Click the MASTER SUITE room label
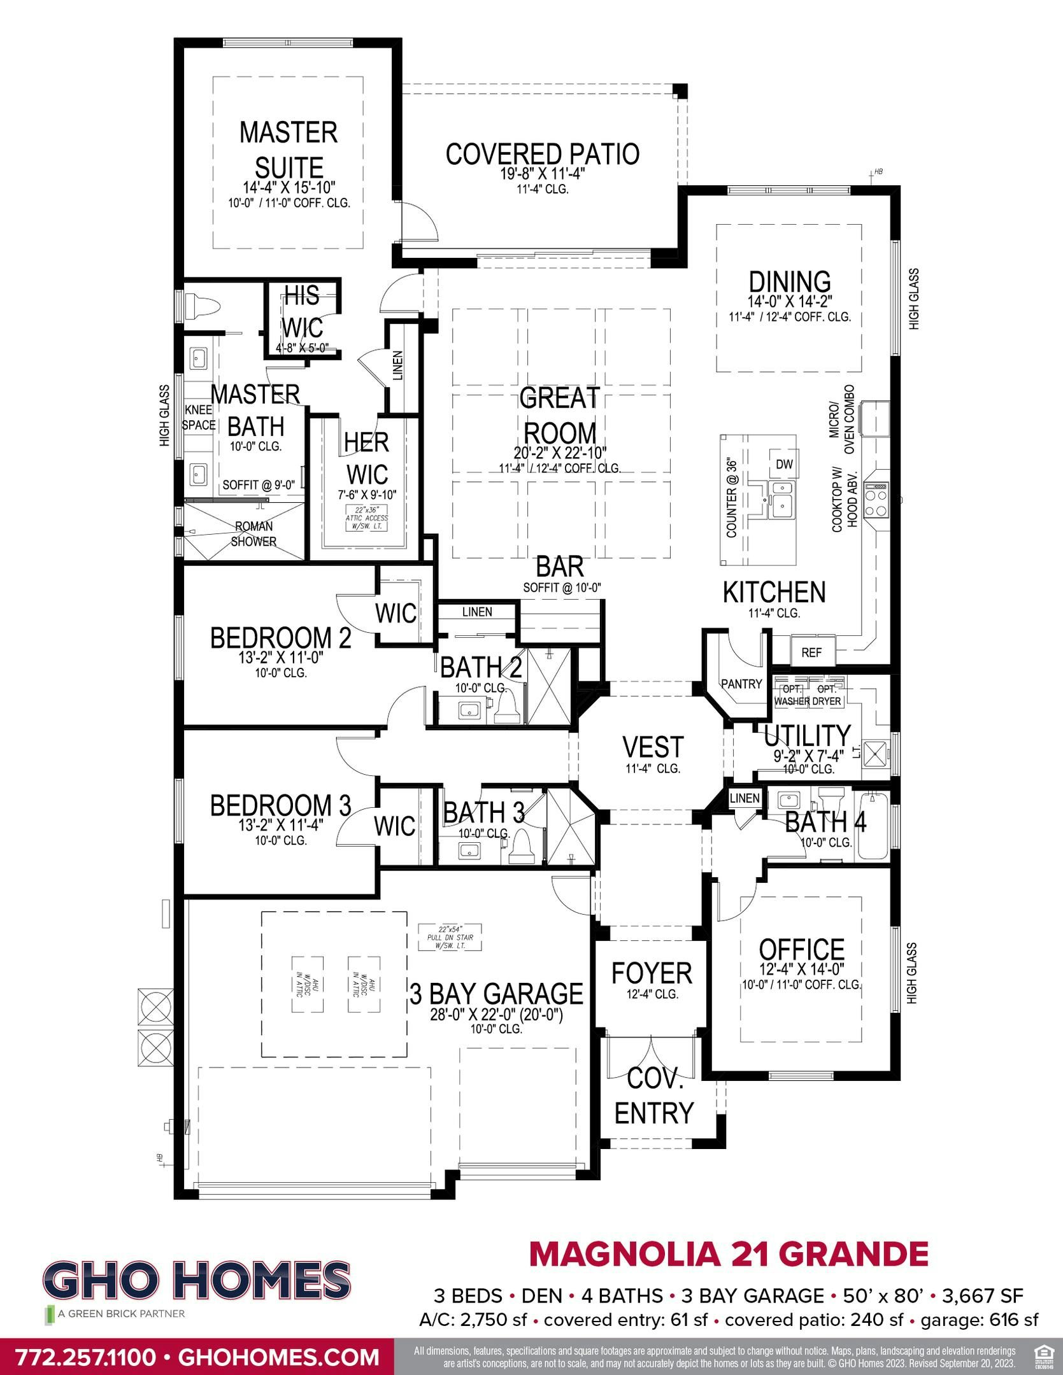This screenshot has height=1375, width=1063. click(x=289, y=150)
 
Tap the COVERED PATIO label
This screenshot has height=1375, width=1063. click(x=542, y=154)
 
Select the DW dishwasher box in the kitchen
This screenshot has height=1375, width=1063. click(x=784, y=465)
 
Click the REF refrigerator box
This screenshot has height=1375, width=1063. click(x=811, y=652)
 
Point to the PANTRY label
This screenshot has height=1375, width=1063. click(x=741, y=684)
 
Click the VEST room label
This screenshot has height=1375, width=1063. click(x=653, y=747)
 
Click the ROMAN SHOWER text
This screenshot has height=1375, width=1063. click(x=253, y=534)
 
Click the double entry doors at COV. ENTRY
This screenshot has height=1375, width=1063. click(x=652, y=1057)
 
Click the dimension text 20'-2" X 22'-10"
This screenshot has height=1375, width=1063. click(x=560, y=453)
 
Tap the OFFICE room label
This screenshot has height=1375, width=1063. click(x=801, y=949)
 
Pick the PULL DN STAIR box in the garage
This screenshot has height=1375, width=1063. click(x=450, y=937)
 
